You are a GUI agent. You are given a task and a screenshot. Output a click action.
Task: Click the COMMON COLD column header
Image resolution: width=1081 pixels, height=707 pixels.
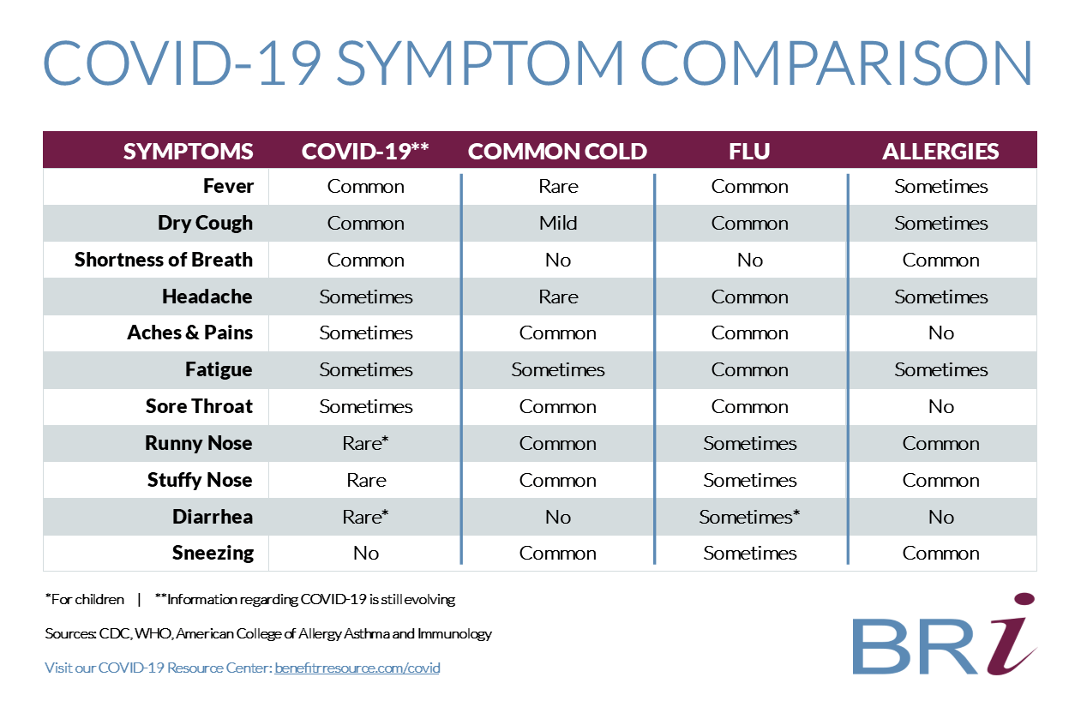[x=557, y=152]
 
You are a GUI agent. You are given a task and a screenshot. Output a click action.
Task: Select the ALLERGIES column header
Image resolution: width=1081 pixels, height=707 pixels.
[x=940, y=152]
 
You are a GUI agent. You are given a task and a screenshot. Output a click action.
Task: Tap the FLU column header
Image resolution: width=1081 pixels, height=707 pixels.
[x=749, y=152]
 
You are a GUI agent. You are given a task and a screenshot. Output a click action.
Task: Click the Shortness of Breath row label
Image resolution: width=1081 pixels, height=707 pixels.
[x=164, y=260]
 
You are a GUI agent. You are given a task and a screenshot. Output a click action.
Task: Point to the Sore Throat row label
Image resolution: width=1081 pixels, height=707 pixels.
[x=199, y=406]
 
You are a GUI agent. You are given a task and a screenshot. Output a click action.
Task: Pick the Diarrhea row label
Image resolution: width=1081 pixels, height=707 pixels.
[x=213, y=517]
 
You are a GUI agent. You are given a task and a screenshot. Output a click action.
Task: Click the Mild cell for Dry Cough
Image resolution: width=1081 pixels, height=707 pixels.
[x=558, y=223]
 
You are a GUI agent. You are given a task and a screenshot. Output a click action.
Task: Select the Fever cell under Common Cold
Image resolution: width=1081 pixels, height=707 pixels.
[x=558, y=186]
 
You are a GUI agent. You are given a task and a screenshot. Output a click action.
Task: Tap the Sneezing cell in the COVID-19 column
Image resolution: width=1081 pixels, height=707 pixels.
[x=366, y=553]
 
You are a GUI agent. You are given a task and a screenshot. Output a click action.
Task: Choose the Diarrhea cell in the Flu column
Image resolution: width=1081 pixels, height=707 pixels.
[x=749, y=517]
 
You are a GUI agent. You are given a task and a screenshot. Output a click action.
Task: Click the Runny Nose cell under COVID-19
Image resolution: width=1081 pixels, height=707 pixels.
[x=365, y=443]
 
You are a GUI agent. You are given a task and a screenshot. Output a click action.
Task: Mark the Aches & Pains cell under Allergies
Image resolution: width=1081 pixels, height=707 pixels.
[x=941, y=333]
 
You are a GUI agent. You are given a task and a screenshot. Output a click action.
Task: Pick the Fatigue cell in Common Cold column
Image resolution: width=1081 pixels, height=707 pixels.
[x=558, y=369]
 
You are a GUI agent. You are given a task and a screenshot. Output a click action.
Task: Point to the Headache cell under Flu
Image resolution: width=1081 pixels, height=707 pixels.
[x=749, y=297]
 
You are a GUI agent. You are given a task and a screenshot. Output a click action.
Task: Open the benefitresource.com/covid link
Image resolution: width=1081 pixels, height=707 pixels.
[x=357, y=668]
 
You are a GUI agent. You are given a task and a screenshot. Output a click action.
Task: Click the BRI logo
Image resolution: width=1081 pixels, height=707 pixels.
[x=945, y=635]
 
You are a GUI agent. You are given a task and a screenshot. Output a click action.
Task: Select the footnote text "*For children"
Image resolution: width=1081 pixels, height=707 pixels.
[x=85, y=599]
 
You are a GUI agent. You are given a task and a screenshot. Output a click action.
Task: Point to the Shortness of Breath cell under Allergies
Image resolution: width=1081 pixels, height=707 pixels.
[x=941, y=260]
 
